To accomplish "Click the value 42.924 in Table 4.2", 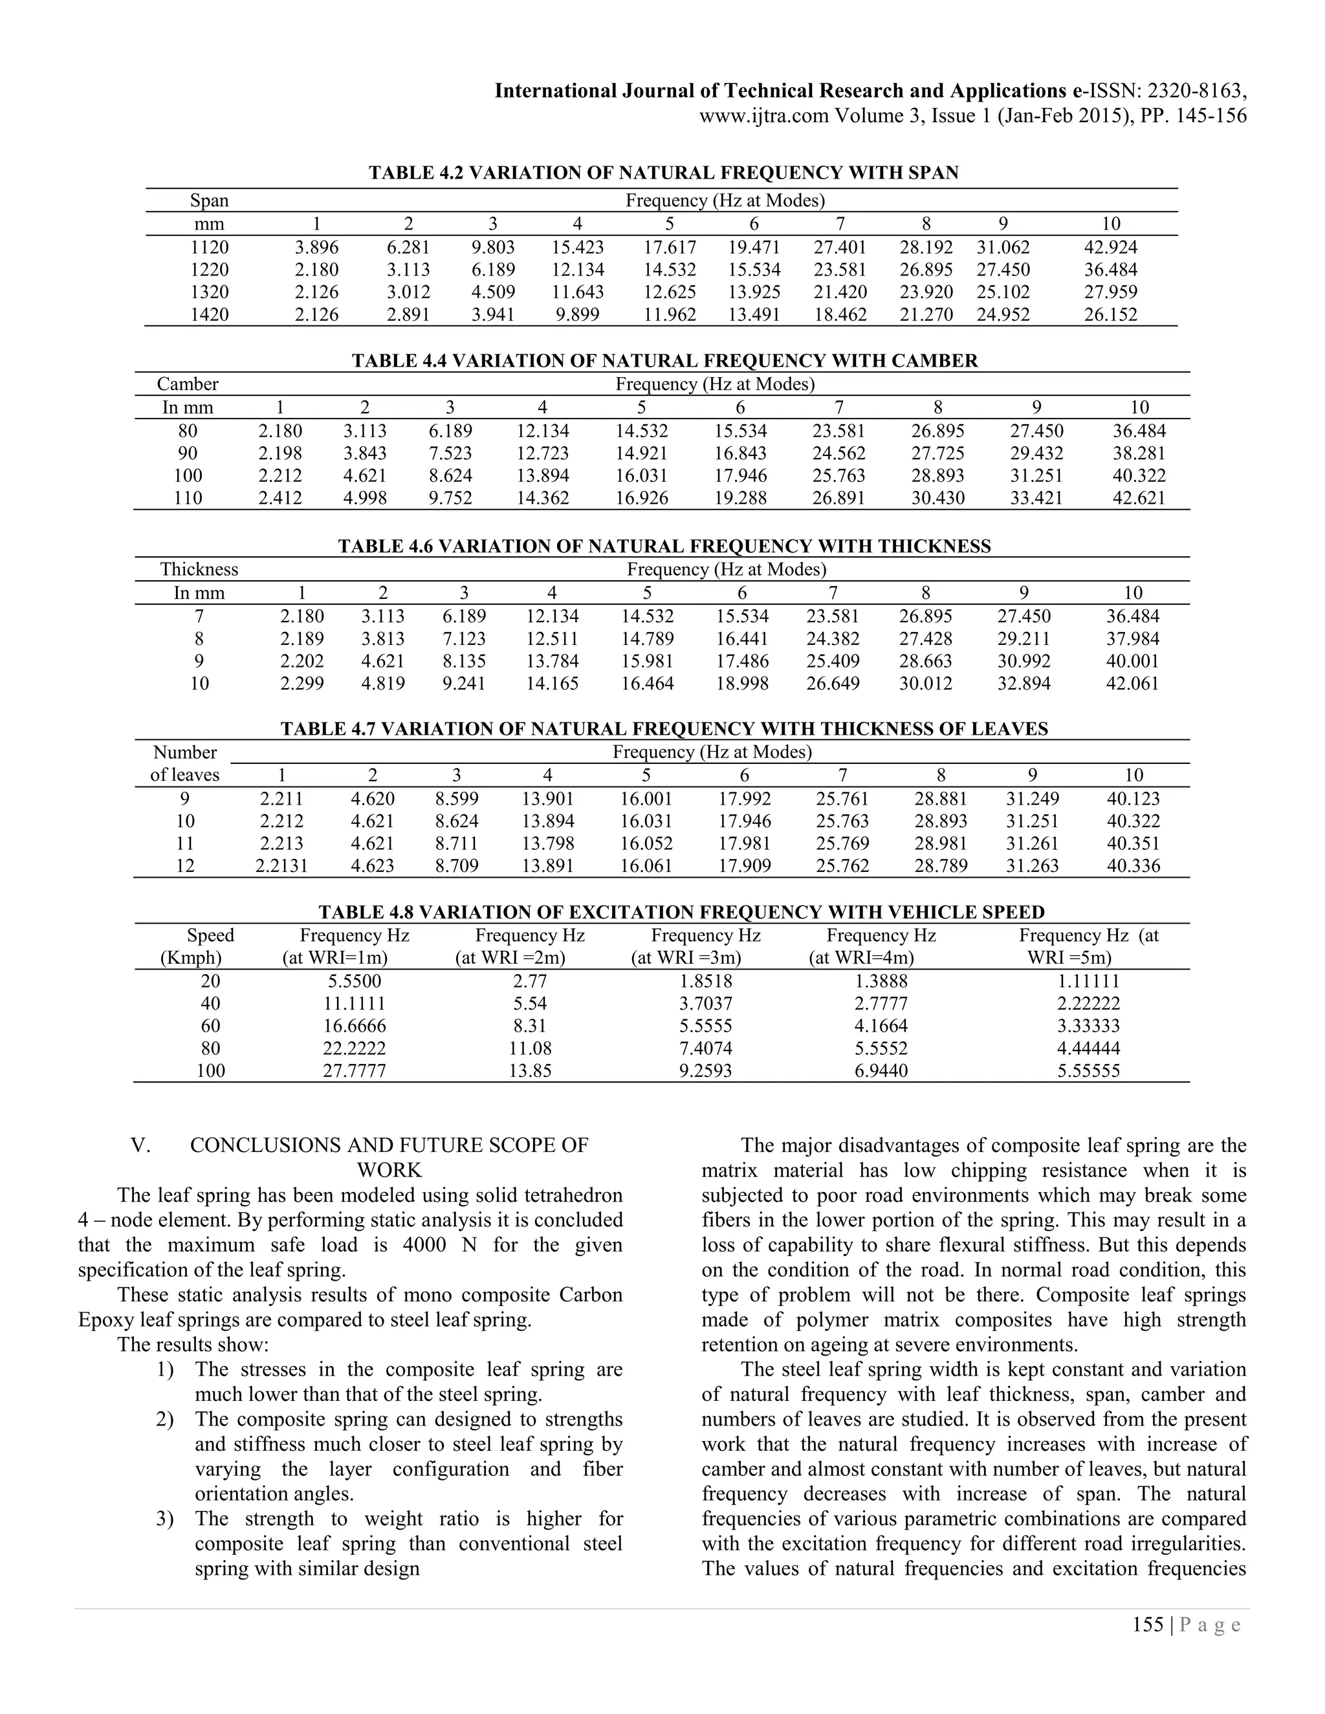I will [1110, 247].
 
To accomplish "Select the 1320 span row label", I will [210, 292].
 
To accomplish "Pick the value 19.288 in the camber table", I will [739, 497].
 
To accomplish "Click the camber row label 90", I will [188, 453].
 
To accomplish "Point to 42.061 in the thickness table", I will [1132, 683].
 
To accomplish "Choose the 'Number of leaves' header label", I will [185, 764].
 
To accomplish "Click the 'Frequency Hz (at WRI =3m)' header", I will [695, 946].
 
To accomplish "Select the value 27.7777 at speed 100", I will [355, 1070].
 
